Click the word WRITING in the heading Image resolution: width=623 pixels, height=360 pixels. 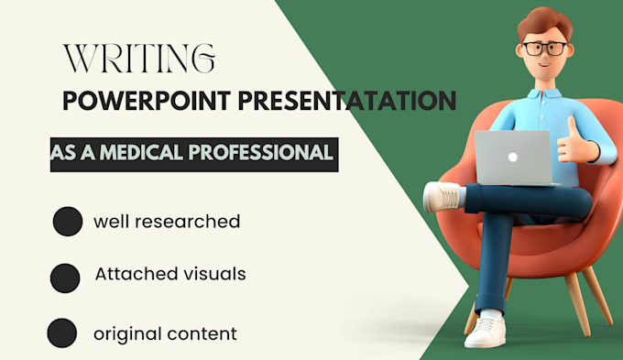139,59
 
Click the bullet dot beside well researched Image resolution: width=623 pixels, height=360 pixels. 67,223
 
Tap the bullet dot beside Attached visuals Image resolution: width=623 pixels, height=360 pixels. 64,278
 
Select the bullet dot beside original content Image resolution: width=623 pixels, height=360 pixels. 61,333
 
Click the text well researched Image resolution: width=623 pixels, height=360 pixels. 167,222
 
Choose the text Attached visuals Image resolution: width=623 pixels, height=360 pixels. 170,274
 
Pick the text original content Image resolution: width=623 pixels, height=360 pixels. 165,333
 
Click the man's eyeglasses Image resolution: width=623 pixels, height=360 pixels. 543,47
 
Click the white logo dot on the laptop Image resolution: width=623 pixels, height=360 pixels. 512,156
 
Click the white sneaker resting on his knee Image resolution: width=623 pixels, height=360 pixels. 443,195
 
